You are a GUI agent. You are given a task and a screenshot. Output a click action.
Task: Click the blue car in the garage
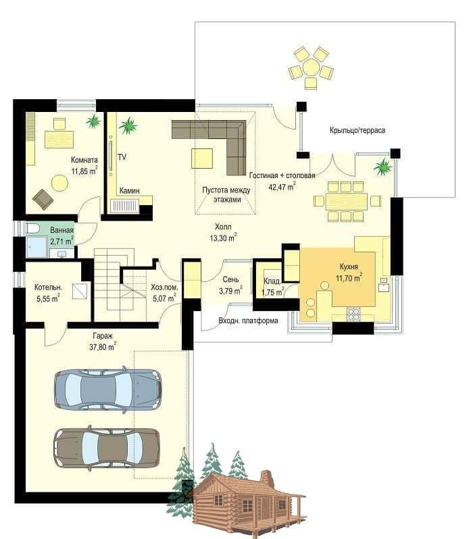(108, 389)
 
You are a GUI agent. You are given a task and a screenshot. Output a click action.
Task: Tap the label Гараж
(103, 336)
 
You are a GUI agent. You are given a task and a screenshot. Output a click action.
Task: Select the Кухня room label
(349, 266)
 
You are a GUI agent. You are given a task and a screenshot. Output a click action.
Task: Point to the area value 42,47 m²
(282, 187)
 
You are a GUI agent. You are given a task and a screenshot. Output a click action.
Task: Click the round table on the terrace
(311, 67)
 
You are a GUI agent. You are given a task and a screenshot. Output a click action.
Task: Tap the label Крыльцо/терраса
(357, 130)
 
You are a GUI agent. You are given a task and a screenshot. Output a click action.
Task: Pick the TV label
(122, 157)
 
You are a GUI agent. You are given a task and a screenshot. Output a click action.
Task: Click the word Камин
(130, 190)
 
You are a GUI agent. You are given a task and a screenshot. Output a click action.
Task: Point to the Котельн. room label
(48, 287)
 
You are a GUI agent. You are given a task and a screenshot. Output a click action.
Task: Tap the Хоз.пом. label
(165, 287)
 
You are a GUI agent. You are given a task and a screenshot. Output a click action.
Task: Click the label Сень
(230, 279)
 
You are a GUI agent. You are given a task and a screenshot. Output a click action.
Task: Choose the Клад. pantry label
(272, 281)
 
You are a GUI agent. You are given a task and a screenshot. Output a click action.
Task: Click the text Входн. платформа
(248, 320)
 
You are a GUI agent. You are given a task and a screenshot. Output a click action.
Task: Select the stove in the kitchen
(353, 314)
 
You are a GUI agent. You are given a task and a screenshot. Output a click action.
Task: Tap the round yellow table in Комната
(60, 183)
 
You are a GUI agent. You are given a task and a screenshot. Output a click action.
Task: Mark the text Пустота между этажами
(226, 195)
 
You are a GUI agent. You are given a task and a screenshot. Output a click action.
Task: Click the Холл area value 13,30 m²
(223, 237)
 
